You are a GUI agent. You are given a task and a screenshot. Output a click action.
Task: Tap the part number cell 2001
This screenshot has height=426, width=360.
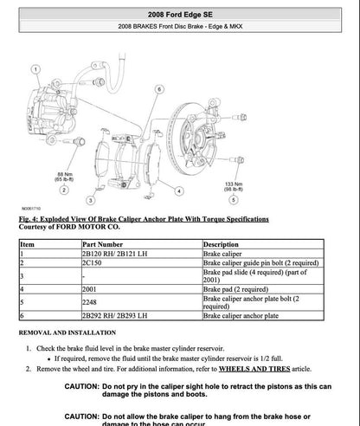pyautogui.click(x=91, y=288)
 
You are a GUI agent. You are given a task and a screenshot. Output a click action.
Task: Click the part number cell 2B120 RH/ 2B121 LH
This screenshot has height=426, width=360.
pyautogui.click(x=114, y=253)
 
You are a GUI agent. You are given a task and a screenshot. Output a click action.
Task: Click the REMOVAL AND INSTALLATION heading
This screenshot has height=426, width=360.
pyautogui.click(x=71, y=332)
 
